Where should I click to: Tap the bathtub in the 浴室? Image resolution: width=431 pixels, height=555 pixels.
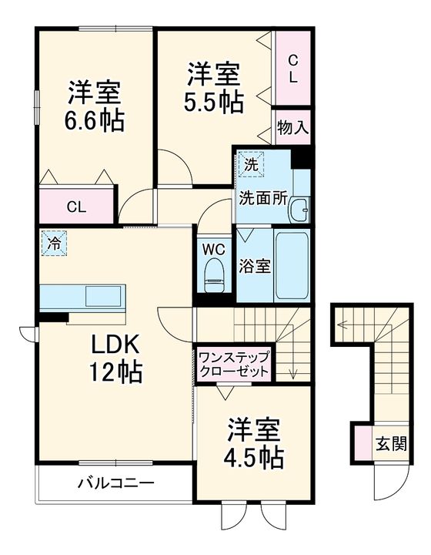(292, 267)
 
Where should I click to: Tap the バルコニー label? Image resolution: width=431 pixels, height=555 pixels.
(115, 483)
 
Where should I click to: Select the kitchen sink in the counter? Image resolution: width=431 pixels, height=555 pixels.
(104, 296)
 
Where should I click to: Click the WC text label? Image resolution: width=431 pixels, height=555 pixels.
(214, 249)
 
